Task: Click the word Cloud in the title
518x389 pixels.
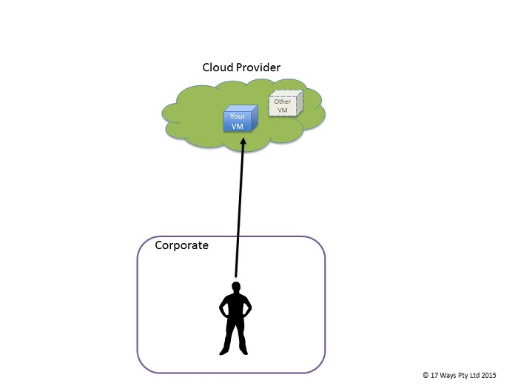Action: coord(217,68)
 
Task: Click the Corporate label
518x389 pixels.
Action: coord(181,245)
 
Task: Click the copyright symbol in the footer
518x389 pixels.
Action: coord(425,376)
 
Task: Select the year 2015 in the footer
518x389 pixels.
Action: coord(488,376)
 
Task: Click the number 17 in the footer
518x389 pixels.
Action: coord(434,376)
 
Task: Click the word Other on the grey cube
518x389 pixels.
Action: coord(282,102)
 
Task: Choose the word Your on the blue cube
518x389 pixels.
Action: coord(237,116)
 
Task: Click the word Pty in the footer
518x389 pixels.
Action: coord(462,376)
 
